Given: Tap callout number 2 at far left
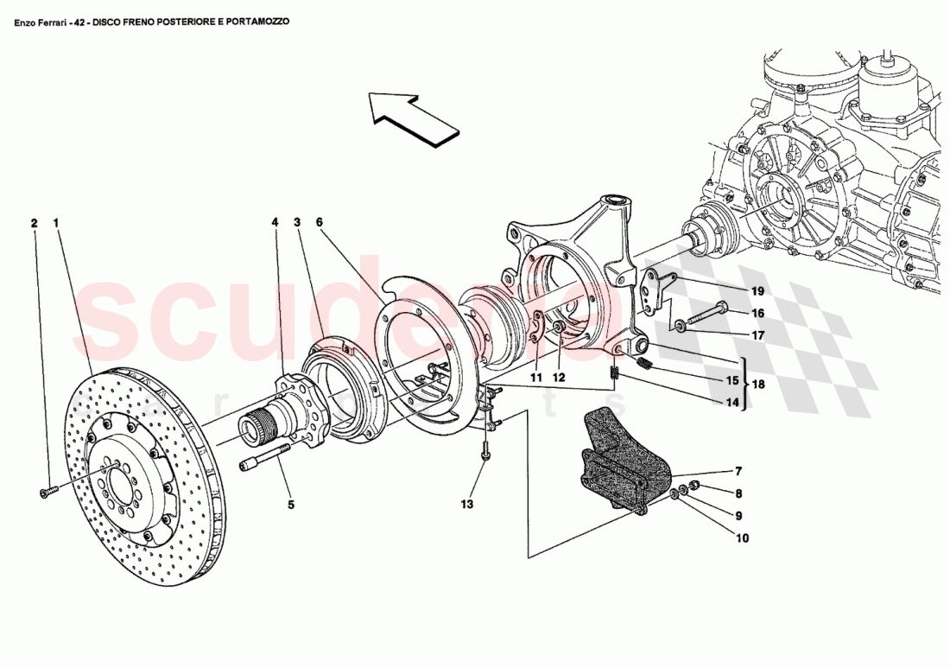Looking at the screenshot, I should tap(35, 223).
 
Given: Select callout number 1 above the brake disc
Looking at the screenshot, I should tap(56, 223).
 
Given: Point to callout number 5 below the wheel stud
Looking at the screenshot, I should tap(291, 504).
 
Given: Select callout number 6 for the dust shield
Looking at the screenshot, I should tap(319, 223).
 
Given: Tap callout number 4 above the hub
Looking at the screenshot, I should tap(275, 223).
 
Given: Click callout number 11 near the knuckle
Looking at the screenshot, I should tap(536, 377).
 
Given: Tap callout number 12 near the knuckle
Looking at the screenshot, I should tap(560, 377).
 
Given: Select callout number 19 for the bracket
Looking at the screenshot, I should tap(733, 291).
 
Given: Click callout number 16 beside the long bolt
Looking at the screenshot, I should tap(733, 314).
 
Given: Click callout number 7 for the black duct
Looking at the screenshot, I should tap(738, 473).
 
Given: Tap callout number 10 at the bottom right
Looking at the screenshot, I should tap(742, 538).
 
